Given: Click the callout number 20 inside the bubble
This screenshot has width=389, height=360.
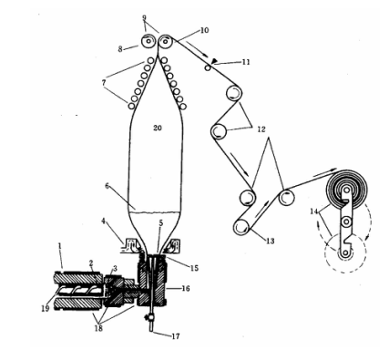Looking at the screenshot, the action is (x=158, y=128).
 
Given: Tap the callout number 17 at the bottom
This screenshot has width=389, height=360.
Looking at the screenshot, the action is (x=176, y=336).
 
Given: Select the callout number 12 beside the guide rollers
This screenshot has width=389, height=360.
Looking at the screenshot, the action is (x=261, y=129).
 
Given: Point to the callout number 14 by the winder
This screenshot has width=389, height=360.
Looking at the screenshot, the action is (x=314, y=211).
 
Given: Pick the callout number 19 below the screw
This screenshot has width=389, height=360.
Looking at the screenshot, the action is (x=45, y=308).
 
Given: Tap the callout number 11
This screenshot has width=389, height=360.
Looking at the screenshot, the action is (x=246, y=62).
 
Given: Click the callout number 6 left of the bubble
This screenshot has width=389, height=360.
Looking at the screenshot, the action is (x=107, y=186).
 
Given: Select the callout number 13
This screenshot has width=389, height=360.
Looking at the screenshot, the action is (x=271, y=241).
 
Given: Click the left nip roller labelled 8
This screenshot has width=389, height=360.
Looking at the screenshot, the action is (x=148, y=41).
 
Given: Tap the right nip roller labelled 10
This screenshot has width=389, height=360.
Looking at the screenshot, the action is (x=166, y=41).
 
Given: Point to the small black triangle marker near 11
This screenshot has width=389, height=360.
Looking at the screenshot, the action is (x=214, y=62).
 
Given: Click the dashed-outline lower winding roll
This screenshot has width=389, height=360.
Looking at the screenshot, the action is (x=345, y=252).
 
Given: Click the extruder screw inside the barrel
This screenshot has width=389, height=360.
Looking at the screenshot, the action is (x=80, y=292).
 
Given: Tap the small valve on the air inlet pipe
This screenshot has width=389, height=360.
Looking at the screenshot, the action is (x=149, y=318).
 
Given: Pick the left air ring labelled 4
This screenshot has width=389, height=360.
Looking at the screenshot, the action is (x=130, y=245).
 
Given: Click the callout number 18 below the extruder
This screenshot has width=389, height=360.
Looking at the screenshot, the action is (x=98, y=328).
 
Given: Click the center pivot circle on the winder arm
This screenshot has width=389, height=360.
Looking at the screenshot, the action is (x=345, y=222).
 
